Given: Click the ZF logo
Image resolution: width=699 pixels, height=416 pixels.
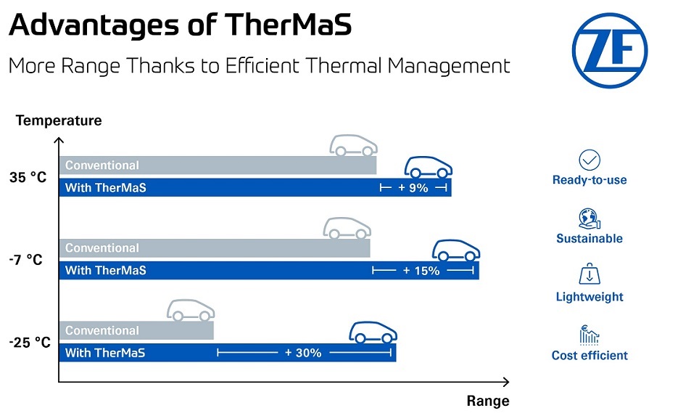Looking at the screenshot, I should pos(609,50).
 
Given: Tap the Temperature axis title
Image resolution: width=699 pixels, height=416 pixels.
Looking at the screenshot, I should pos(59,120).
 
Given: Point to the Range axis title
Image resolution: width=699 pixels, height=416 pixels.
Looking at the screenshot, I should pos(487,401).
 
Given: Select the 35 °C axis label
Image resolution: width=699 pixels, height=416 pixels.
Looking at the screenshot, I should pos(28,177).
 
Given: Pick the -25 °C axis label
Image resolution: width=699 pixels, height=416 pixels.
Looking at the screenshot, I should pos(30,342).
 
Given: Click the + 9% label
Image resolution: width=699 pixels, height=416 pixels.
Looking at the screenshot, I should pos(413,188).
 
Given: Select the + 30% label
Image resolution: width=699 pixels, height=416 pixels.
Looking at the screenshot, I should pos(302,353).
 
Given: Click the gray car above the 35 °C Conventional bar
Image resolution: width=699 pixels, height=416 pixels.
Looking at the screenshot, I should pos(353,145).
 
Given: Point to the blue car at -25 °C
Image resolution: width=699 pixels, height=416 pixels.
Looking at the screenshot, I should pos(373,333).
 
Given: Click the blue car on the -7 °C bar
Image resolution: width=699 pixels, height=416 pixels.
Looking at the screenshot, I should pos(456,250).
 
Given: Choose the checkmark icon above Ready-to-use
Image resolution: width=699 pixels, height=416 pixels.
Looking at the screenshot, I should pos(590,160).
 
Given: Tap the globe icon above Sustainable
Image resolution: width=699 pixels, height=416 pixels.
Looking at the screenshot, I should pos(590,219).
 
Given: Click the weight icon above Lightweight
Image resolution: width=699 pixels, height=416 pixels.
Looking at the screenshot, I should pos(590,276).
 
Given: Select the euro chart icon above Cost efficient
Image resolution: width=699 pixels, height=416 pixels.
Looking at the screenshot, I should pos(590,335).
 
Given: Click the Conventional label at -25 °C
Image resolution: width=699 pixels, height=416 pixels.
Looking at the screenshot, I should pos(102,330).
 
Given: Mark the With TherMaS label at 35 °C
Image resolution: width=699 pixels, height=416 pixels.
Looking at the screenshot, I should pos(106,188).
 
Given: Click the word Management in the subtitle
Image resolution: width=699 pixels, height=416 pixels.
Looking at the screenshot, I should pos(448,65).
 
